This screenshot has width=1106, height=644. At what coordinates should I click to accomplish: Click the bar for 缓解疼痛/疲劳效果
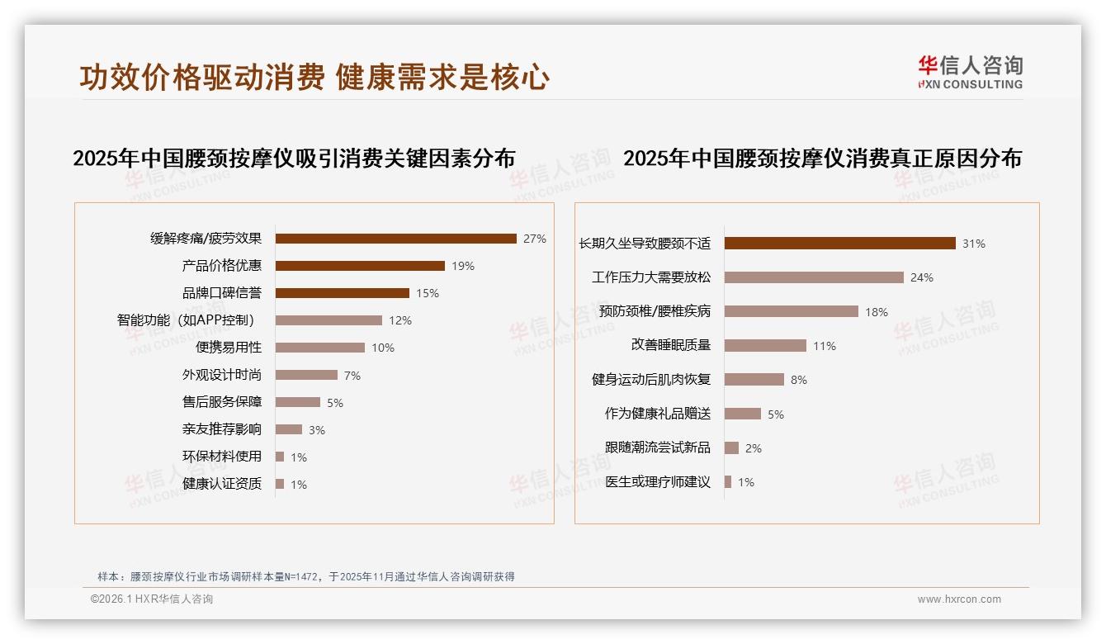point(396,239)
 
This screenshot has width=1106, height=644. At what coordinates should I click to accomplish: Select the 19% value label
point(463,266)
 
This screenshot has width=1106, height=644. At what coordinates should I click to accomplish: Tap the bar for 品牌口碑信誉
point(343,293)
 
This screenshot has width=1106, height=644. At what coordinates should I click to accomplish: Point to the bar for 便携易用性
point(320,348)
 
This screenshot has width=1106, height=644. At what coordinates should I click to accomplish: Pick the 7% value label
point(352,376)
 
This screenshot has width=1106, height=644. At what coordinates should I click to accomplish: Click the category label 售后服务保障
point(222,402)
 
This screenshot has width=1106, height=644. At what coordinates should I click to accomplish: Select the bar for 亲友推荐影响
point(289,429)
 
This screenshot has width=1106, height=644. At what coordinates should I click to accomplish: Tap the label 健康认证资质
point(222,484)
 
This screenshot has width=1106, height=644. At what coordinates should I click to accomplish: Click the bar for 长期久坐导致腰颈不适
point(840,244)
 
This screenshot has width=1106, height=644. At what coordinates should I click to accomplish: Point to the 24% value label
point(922,278)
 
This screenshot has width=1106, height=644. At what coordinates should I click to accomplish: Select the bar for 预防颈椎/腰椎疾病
point(792,311)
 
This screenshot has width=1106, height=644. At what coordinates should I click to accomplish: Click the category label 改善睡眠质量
point(671,345)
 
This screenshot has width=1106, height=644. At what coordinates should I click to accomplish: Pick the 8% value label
point(799,380)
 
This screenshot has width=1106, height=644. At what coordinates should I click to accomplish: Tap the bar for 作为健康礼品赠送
point(743,414)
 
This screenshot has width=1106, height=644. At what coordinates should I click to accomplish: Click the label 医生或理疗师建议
point(658,482)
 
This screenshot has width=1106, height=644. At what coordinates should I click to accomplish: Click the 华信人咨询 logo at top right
point(970,73)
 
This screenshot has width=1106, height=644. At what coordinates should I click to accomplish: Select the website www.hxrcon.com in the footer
point(959,599)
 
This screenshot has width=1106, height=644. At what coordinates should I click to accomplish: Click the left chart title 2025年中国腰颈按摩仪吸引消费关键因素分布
point(294,159)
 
